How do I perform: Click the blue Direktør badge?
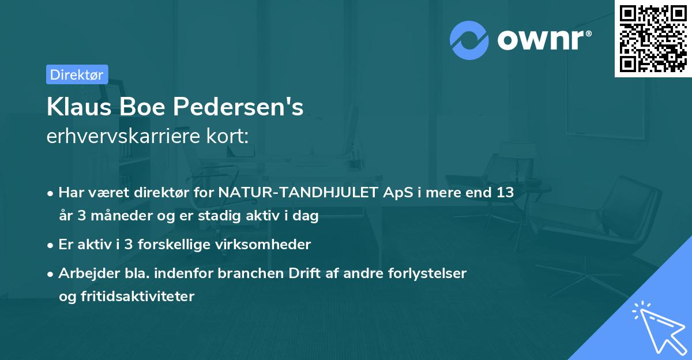[77, 74]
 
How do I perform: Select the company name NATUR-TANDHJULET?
[299, 193]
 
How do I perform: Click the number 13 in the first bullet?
[505, 193]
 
